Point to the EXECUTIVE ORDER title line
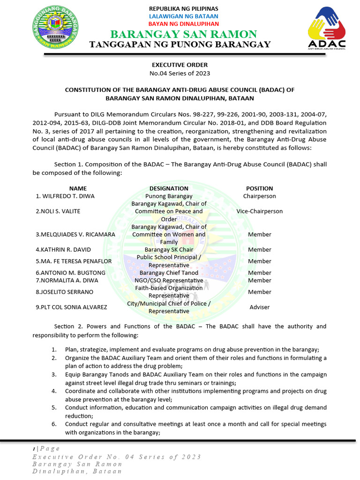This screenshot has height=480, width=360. coord(180,65)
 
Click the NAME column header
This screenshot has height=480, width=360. coord(78,188)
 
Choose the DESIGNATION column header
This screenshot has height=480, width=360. coord(169,188)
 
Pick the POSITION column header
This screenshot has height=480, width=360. coord(259,188)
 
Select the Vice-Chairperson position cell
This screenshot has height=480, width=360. coord(259,211)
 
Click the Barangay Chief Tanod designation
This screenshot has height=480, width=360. coord(169,273)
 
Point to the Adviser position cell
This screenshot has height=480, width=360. coord(259,307)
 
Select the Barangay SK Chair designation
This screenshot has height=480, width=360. coord(169,250)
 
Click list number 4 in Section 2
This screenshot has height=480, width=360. coord(54,391)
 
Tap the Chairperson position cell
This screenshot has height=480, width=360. coord(259,196)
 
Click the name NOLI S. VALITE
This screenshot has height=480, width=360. coord(58,211)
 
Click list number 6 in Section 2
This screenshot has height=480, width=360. coord(54,424)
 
